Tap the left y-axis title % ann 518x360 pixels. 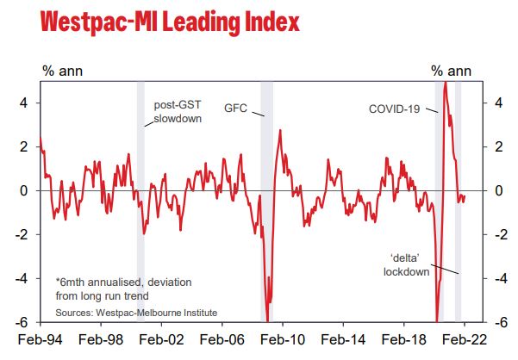click(59, 70)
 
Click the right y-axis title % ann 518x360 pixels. click(450, 70)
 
